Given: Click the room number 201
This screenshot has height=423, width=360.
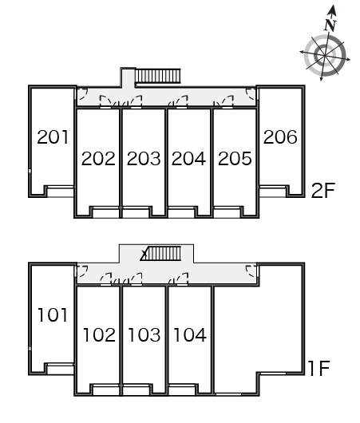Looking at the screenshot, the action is (x=53, y=137).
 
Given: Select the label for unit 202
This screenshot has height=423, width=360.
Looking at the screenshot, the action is (x=98, y=158).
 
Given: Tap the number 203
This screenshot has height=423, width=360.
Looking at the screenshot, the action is (x=144, y=158).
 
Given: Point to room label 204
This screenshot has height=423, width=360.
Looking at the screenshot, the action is (x=189, y=158).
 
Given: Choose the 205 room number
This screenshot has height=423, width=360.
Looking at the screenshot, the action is (x=235, y=158).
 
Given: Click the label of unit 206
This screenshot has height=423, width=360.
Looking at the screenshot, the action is (x=280, y=137).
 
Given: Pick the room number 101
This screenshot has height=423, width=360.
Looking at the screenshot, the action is (x=53, y=314).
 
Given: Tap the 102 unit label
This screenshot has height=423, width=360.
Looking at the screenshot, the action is (x=99, y=334).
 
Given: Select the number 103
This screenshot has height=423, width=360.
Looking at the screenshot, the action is (x=144, y=334).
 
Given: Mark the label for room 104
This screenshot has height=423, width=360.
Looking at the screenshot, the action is (x=190, y=334).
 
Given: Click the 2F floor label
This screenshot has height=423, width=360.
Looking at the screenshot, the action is (x=323, y=191).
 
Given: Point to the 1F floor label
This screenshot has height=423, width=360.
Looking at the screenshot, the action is (x=319, y=369).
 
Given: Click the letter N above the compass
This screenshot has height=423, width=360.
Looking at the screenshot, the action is (x=330, y=25).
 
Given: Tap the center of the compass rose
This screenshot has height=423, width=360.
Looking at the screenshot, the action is (x=325, y=56).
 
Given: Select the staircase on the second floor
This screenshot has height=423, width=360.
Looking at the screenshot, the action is (x=157, y=76).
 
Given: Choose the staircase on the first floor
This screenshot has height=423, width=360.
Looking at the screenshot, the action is (x=160, y=253).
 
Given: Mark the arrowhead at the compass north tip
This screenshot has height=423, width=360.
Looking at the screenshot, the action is (x=332, y=10).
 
